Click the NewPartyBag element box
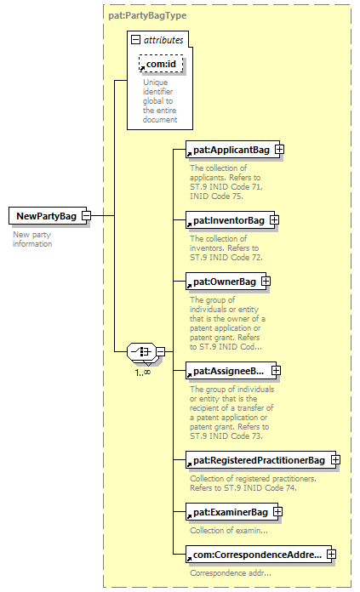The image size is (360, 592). pos(48,216)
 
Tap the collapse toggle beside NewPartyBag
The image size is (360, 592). pos(87,215)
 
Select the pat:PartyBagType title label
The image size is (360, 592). pos(147,15)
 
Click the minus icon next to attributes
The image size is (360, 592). pos(135,39)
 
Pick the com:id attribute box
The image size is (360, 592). pos(161,64)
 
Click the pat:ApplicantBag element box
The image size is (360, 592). pos(232,150)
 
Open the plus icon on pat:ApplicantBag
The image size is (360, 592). pos(279,150)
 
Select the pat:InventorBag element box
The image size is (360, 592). pos(230,220)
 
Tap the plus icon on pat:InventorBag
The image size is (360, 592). pos(274,219)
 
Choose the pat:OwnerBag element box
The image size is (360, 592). pos(226,282)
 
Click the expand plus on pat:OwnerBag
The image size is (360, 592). pos(266,282)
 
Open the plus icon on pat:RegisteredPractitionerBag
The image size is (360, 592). pos(335,460)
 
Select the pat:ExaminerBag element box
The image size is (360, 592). pos(231,512)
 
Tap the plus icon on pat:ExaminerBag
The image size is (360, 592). pos(277,511)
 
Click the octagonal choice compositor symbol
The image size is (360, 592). pos(141,352)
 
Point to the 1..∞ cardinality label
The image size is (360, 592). pos(143,373)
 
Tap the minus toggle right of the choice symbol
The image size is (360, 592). pos(161,351)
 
